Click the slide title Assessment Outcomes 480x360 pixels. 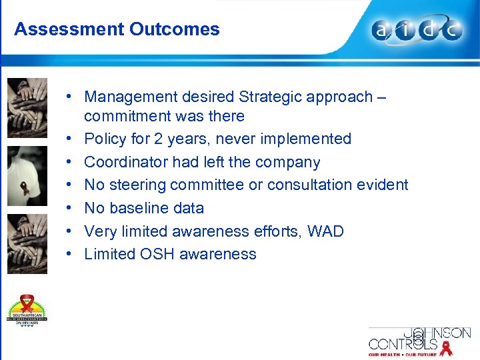(117, 29)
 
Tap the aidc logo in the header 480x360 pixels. (417, 31)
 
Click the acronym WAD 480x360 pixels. (326, 231)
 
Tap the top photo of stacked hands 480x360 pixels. (27, 107)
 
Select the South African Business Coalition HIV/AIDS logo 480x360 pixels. (27, 310)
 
